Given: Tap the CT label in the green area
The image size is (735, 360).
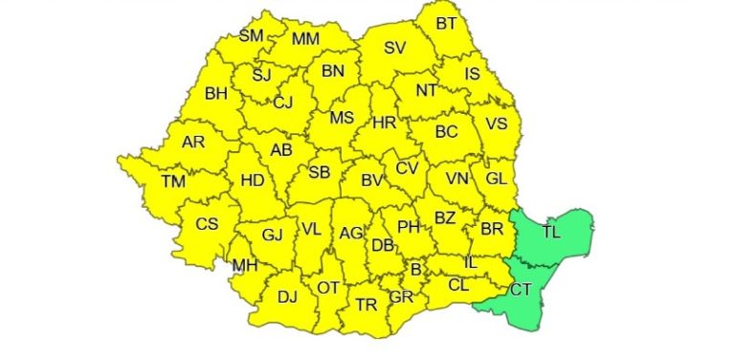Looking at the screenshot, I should (x=522, y=289).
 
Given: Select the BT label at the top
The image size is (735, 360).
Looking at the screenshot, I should (x=446, y=23).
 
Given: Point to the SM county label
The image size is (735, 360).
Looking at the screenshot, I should (x=251, y=36).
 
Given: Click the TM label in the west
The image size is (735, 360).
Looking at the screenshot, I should (x=173, y=181).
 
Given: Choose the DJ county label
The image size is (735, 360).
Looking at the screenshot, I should (x=287, y=297).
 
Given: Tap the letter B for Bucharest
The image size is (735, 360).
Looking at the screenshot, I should (x=415, y=270).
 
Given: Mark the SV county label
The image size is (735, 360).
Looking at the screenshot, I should (x=394, y=47).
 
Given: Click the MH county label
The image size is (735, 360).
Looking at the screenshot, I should (x=244, y=265).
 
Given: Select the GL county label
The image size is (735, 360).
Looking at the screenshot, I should (x=496, y=179).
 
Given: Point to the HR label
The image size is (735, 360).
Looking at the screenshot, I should (x=384, y=123).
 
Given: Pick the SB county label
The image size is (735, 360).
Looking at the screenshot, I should (x=319, y=172).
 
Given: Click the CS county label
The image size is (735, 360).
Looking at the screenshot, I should (x=207, y=224).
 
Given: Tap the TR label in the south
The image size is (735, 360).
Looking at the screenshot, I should (x=366, y=304).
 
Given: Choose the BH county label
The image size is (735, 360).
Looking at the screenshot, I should (x=217, y=94).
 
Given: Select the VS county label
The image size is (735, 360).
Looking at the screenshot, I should (x=496, y=124).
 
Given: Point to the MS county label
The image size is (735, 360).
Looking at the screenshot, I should (x=342, y=118).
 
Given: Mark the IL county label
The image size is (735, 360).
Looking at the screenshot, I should (x=469, y=261).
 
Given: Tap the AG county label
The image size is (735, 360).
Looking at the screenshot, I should (x=351, y=233).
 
